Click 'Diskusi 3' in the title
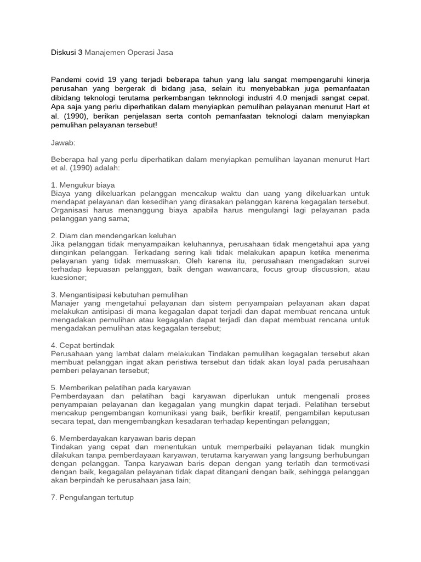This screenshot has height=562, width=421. (x=66, y=52)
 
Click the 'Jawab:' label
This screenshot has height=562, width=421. (x=62, y=142)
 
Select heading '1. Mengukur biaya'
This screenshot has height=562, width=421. (x=83, y=185)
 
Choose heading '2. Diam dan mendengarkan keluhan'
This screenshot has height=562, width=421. (x=113, y=235)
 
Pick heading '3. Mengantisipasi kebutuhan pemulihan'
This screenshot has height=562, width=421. (x=119, y=295)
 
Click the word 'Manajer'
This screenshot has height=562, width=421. (x=65, y=303)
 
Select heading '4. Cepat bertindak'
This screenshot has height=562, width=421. (x=82, y=345)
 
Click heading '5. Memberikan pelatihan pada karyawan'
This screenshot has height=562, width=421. (x=121, y=387)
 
